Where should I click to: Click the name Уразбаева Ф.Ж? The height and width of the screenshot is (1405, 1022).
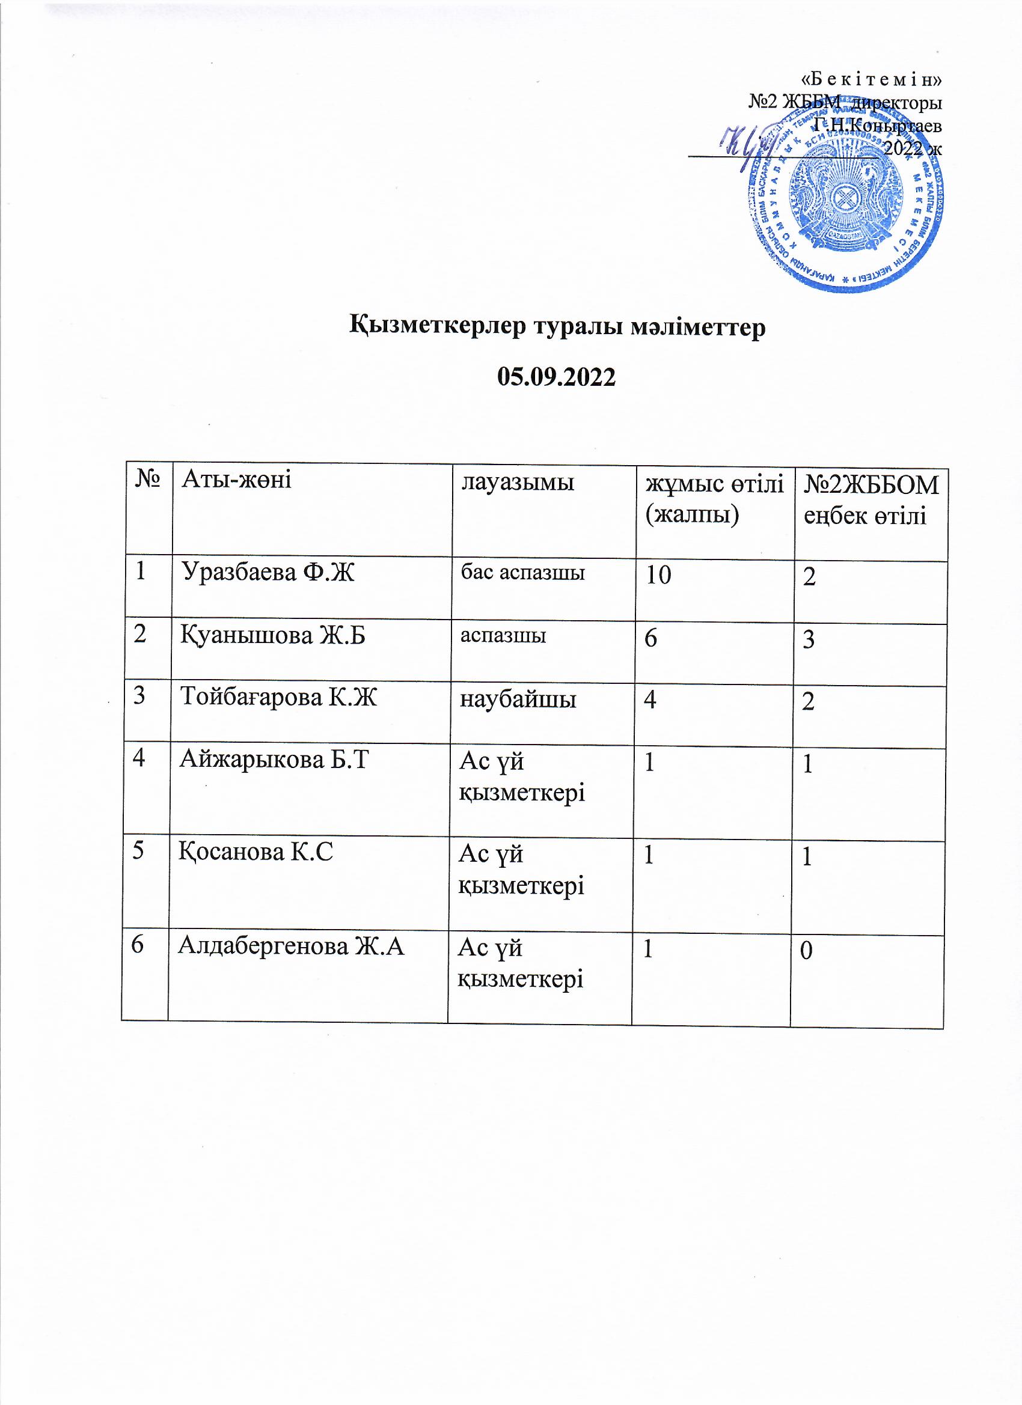click(x=268, y=573)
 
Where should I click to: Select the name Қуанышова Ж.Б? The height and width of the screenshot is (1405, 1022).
click(x=273, y=636)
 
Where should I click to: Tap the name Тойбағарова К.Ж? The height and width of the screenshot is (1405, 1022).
click(x=278, y=698)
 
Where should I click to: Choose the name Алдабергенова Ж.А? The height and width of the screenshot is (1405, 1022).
click(x=292, y=946)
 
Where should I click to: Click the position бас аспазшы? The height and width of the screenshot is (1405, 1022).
click(x=523, y=573)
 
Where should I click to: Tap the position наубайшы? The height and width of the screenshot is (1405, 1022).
click(x=518, y=699)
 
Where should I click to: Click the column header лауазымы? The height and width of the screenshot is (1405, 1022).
click(x=517, y=483)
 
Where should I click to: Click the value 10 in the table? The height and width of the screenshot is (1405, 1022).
click(x=659, y=576)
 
